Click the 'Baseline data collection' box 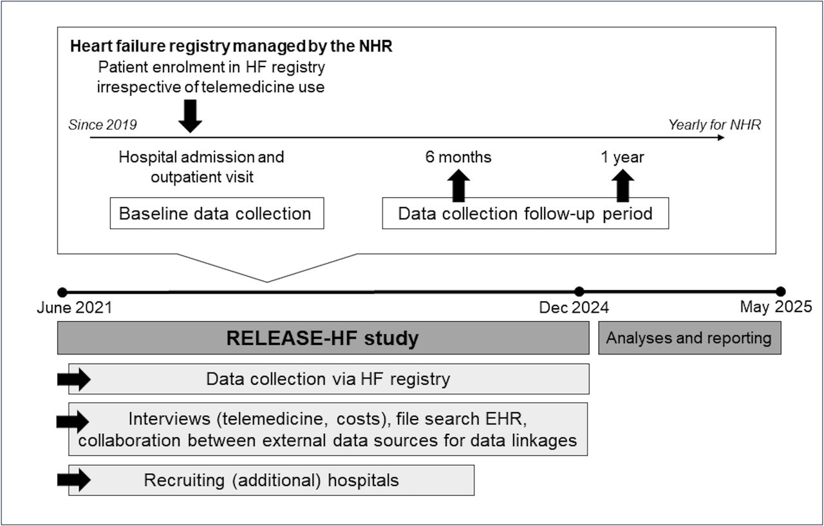tap(217, 213)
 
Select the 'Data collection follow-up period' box tap(525, 213)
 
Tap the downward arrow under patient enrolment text tap(190, 116)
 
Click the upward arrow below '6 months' tap(458, 186)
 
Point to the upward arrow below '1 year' tap(623, 186)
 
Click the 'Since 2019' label tap(102, 125)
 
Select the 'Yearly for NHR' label tap(715, 125)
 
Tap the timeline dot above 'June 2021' tap(62, 293)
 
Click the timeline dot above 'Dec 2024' tap(579, 292)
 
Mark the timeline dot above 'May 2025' tap(781, 292)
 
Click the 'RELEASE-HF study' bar tap(323, 338)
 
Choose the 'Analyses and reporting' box tap(689, 338)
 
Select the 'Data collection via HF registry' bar tap(329, 378)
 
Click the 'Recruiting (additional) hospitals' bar tap(272, 480)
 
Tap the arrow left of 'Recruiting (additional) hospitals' tap(74, 480)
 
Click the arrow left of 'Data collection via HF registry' tap(74, 379)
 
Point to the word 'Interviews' tap(169, 419)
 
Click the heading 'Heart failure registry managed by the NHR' tap(231, 46)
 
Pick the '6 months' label tap(458, 157)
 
